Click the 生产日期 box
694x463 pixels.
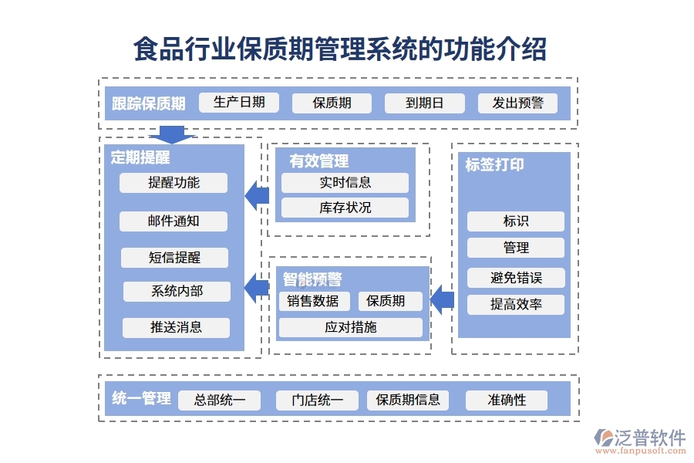[x=238, y=103]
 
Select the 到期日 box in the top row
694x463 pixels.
[x=424, y=103]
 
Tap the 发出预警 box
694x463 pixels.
[x=517, y=103]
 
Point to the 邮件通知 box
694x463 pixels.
[x=173, y=221]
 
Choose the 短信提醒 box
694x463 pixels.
[x=174, y=258]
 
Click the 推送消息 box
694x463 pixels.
[x=176, y=327]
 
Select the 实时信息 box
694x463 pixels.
[x=345, y=183]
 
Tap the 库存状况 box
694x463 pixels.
[x=345, y=208]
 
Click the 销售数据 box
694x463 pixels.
[x=313, y=301]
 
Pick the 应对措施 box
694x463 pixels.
[x=350, y=327]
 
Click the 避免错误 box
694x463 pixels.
[x=516, y=278]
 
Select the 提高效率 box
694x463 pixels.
[x=516, y=305]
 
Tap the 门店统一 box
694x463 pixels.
[x=318, y=400]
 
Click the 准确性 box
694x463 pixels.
[x=507, y=400]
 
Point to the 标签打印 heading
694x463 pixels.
[x=494, y=165]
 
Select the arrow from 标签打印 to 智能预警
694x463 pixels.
[x=442, y=299]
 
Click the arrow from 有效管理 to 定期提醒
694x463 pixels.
[x=257, y=196]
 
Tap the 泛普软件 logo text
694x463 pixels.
[x=649, y=438]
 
